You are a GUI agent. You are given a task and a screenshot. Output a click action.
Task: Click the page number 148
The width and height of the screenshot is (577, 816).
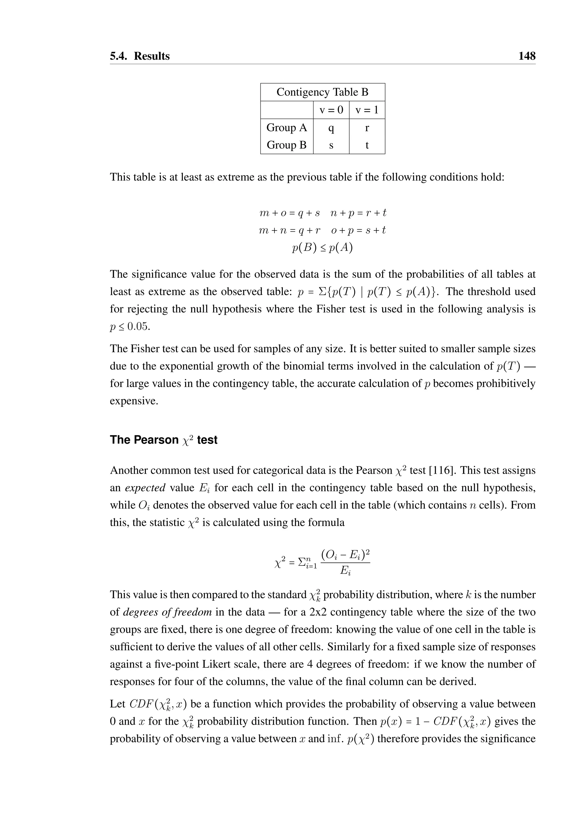pyautogui.click(x=527, y=56)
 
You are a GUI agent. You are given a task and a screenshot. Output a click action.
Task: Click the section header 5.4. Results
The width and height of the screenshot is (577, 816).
pyautogui.click(x=140, y=56)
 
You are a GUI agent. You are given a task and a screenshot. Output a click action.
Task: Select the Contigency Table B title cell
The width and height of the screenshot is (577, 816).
pyautogui.click(x=322, y=92)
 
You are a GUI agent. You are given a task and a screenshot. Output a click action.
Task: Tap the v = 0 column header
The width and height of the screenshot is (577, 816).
pyautogui.click(x=331, y=110)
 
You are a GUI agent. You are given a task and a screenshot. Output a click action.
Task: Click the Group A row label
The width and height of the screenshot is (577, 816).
pyautogui.click(x=286, y=127)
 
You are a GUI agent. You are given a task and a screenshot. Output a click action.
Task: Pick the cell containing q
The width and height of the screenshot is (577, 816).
pyautogui.click(x=331, y=128)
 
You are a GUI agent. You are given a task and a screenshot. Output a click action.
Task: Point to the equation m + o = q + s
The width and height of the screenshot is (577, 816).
pyautogui.click(x=290, y=213)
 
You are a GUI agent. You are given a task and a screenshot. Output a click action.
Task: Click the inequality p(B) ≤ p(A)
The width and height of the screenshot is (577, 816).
pyautogui.click(x=322, y=248)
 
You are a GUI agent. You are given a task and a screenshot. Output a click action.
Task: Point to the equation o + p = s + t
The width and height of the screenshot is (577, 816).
pyautogui.click(x=358, y=230)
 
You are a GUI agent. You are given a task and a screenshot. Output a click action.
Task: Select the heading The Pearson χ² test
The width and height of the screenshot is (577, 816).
pyautogui.click(x=163, y=440)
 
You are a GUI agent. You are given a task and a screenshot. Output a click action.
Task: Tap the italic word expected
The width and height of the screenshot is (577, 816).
pyautogui.click(x=145, y=488)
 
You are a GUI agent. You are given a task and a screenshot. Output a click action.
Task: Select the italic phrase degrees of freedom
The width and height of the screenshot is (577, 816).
pyautogui.click(x=167, y=612)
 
